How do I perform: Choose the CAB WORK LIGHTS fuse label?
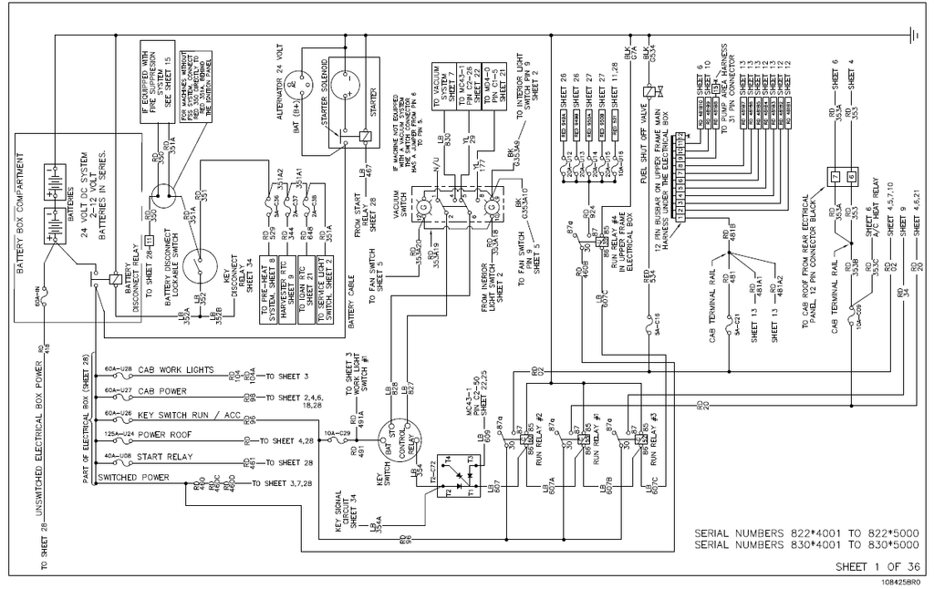pyautogui.click(x=176, y=370)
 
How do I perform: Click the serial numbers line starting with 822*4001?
pyautogui.click(x=806, y=532)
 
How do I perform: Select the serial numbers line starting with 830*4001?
pyautogui.click(x=806, y=545)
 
